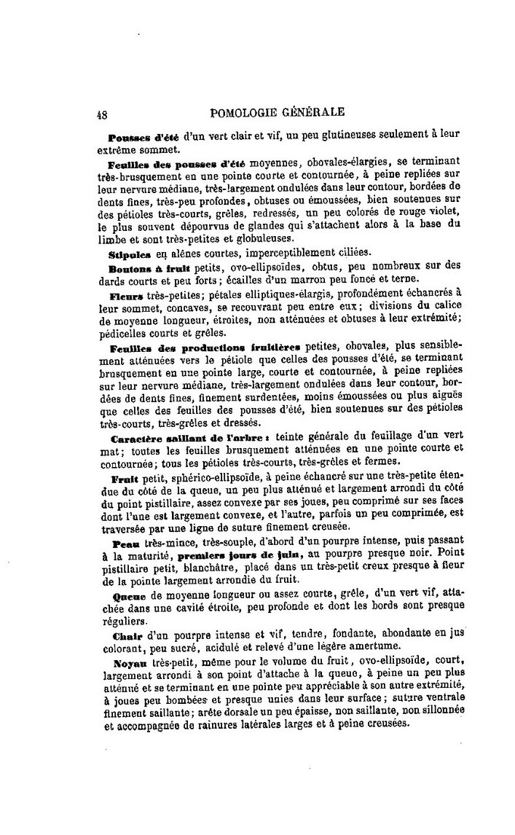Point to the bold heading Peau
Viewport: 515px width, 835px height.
click(125, 544)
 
